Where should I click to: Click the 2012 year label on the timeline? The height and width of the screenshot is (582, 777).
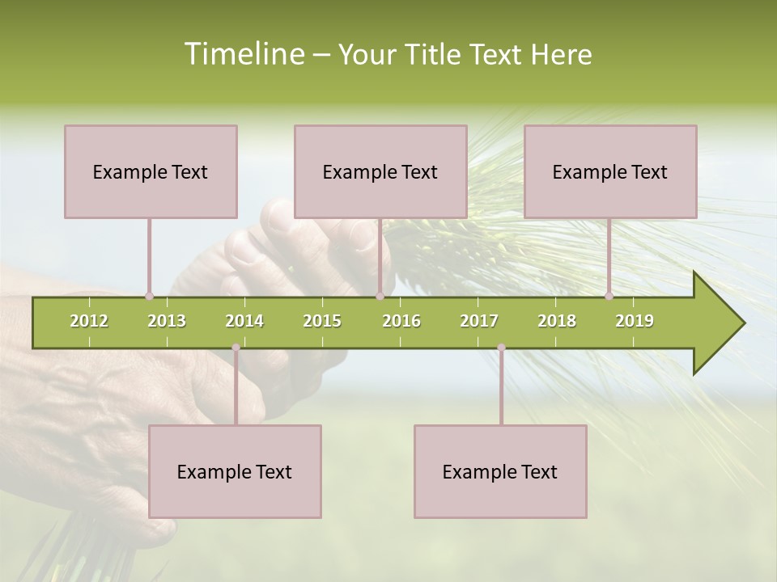pyautogui.click(x=89, y=321)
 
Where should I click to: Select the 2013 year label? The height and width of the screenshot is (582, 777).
pyautogui.click(x=167, y=321)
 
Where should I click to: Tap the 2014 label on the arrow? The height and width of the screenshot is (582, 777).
pyautogui.click(x=244, y=321)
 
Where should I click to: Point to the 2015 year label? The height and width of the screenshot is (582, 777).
pyautogui.click(x=322, y=321)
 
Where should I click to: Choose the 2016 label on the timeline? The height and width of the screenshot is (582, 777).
pyautogui.click(x=401, y=321)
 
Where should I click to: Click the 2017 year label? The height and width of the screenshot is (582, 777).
pyautogui.click(x=479, y=321)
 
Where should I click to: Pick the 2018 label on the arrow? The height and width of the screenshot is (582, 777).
pyautogui.click(x=557, y=321)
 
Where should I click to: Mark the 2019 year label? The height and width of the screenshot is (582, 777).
pyautogui.click(x=635, y=321)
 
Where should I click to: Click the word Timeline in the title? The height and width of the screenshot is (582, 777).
pyautogui.click(x=244, y=54)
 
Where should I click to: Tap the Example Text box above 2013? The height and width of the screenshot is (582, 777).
pyautogui.click(x=151, y=171)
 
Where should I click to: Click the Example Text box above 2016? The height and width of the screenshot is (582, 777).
pyautogui.click(x=380, y=171)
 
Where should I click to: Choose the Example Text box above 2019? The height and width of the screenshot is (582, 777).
pyautogui.click(x=610, y=171)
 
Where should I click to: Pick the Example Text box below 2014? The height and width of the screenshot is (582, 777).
pyautogui.click(x=235, y=471)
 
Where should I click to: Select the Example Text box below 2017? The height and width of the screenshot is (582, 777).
pyautogui.click(x=500, y=471)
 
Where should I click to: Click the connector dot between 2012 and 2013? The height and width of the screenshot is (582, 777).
pyautogui.click(x=149, y=296)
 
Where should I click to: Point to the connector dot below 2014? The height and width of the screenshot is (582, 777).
pyautogui.click(x=236, y=348)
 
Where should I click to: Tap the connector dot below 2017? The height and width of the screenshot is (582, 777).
pyautogui.click(x=501, y=348)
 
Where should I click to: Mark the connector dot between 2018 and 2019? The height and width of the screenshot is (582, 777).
pyautogui.click(x=609, y=296)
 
